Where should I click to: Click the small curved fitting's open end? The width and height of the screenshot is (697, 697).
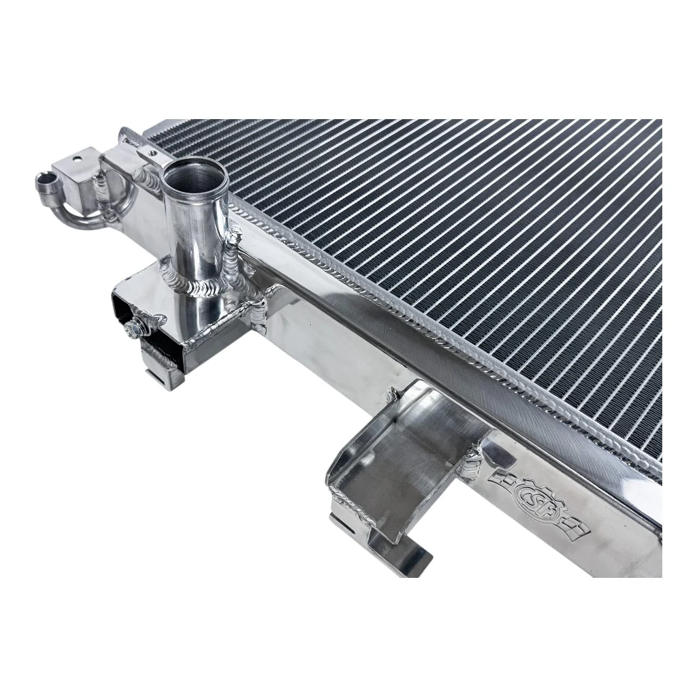pos(47,181)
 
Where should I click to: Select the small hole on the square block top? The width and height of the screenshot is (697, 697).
pos(77,162)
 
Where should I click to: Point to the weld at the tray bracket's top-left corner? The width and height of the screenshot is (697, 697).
pos(393,395)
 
